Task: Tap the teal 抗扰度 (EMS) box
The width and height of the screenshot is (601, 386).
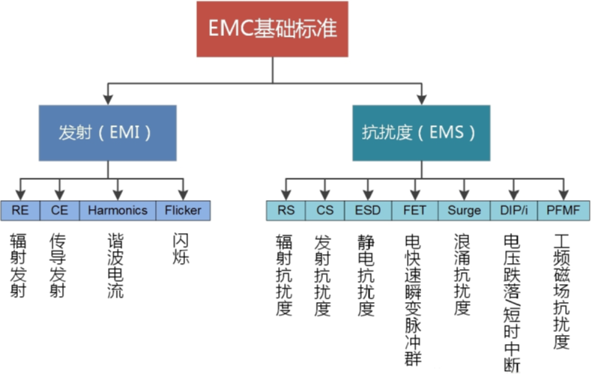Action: click(x=421, y=133)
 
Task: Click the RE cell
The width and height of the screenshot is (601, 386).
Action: click(x=20, y=211)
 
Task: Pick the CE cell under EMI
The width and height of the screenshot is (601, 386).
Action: click(x=59, y=211)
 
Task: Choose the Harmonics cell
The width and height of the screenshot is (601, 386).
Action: click(x=117, y=211)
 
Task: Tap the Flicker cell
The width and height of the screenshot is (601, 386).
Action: click(x=183, y=211)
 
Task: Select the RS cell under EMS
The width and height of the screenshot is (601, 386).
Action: click(x=286, y=211)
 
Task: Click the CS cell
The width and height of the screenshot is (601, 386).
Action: click(x=324, y=211)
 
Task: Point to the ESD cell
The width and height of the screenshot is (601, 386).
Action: click(x=367, y=211)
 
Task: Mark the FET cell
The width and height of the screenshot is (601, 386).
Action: click(x=414, y=211)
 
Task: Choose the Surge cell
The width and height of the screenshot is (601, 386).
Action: click(x=464, y=211)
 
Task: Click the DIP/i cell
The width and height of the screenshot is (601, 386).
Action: click(x=514, y=211)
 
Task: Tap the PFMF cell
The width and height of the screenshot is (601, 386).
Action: click(x=562, y=211)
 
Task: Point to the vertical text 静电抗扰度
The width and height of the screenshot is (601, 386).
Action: click(x=366, y=274)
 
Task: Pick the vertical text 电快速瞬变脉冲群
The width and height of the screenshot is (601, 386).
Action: click(x=412, y=300)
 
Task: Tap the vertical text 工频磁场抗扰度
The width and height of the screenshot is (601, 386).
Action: click(x=561, y=292)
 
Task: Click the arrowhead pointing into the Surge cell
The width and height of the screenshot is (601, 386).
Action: click(x=464, y=194)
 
